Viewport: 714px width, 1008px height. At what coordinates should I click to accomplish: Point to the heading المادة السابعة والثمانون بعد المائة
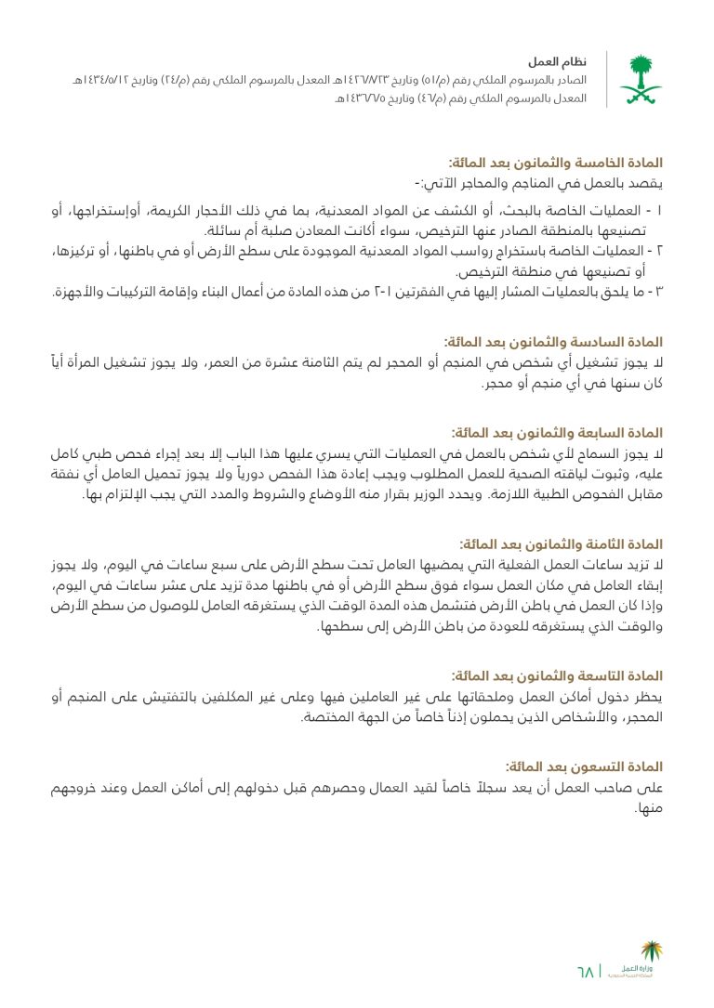point(556,433)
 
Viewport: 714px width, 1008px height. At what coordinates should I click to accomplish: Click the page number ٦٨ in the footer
point(586,973)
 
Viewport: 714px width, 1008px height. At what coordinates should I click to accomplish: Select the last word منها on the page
point(647,809)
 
